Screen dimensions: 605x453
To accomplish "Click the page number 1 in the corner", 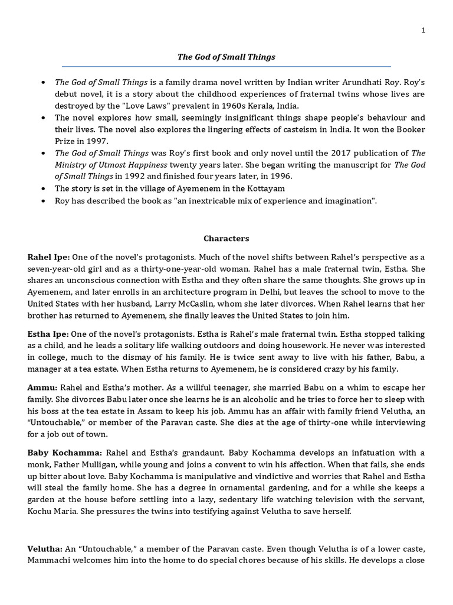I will coord(423,30).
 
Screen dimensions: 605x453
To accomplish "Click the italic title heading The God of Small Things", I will coord(226,57).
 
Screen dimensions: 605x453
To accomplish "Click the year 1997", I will coord(97,141).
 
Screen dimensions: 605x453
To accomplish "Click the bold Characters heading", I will coord(226,239).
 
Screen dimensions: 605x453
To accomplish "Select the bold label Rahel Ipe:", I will coord(48,257).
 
